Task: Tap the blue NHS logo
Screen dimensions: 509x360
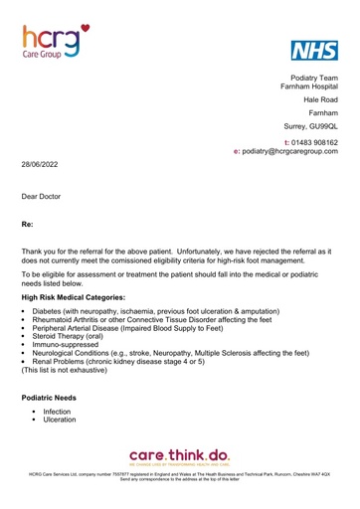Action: (x=313, y=52)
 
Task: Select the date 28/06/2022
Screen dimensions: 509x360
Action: (x=41, y=161)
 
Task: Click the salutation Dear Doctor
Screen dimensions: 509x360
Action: (x=42, y=197)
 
